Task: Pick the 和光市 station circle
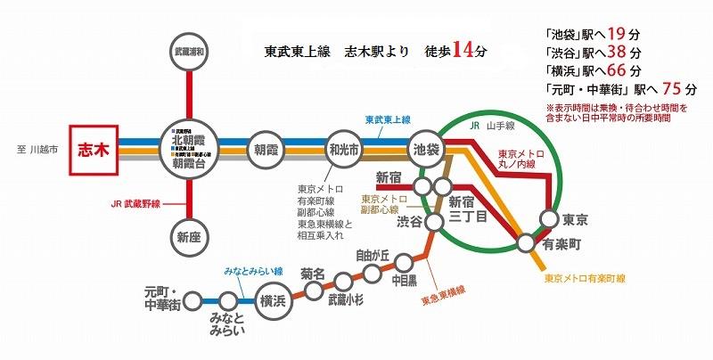pyautogui.click(x=342, y=148)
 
